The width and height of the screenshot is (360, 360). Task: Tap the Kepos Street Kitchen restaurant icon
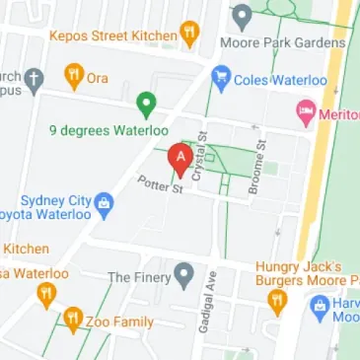point(188,35)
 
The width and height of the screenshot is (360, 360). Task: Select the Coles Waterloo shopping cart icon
point(222,76)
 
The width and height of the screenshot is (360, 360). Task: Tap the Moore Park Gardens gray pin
point(243,16)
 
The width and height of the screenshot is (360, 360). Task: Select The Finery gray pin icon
point(182,274)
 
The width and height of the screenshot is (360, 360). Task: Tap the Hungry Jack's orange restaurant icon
point(279,301)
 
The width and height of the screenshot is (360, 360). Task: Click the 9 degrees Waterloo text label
point(108,130)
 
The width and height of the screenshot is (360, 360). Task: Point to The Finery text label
point(137,277)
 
